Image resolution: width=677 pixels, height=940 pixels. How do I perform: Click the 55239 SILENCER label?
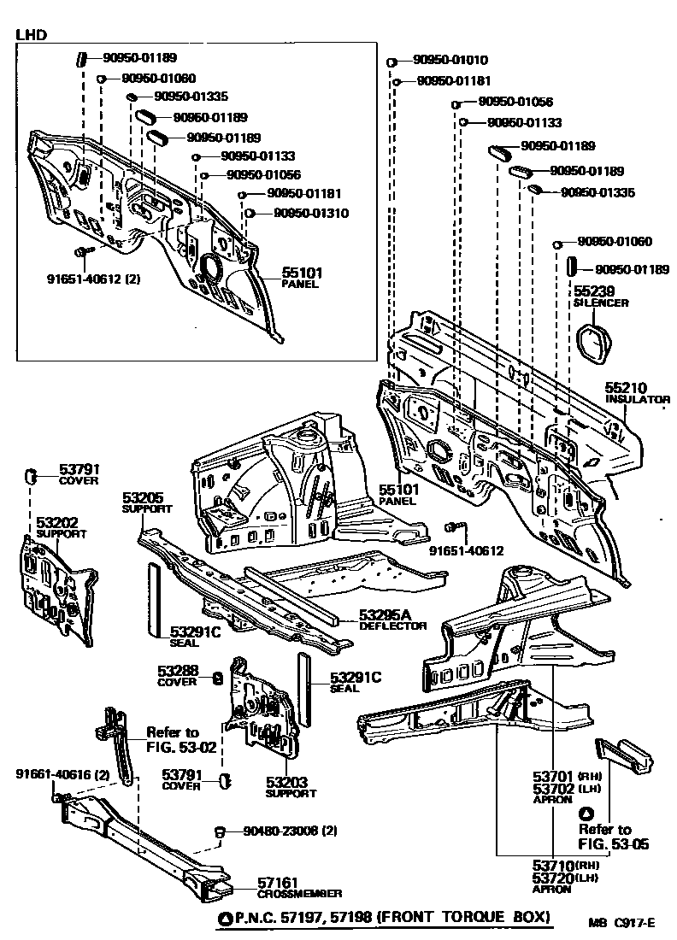600,297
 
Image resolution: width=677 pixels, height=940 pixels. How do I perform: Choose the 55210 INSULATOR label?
637,392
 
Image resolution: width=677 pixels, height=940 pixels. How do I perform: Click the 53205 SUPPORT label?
146,502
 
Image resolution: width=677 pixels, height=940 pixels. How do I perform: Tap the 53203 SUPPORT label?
290,786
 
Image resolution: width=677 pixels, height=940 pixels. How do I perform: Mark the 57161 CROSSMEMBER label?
299,888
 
